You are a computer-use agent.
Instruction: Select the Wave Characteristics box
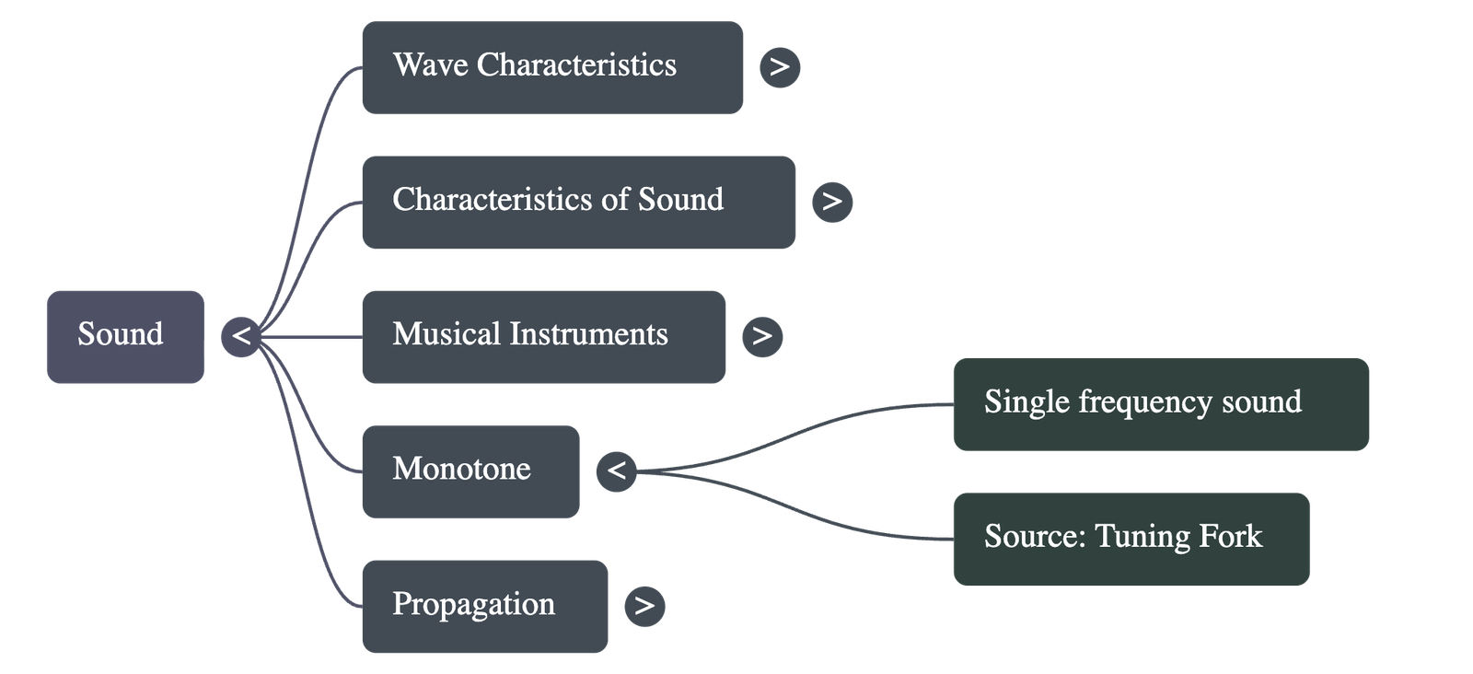pos(552,67)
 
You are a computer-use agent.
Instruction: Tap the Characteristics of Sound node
pos(578,202)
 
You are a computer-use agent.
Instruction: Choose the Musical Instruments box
pos(543,336)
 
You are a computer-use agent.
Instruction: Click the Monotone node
pos(470,471)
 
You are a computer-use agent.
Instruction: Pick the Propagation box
pos(484,606)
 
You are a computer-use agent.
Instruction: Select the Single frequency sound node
pos(1160,403)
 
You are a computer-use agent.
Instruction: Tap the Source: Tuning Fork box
pos(1131,538)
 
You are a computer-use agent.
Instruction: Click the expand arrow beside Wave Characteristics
pos(780,67)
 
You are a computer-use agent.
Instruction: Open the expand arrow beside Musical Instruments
pos(762,336)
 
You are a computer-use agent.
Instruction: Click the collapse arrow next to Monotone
pos(616,471)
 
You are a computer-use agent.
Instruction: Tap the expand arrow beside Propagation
pos(644,606)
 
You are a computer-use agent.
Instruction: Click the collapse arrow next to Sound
pos(241,335)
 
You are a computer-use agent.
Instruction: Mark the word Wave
pos(430,65)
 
